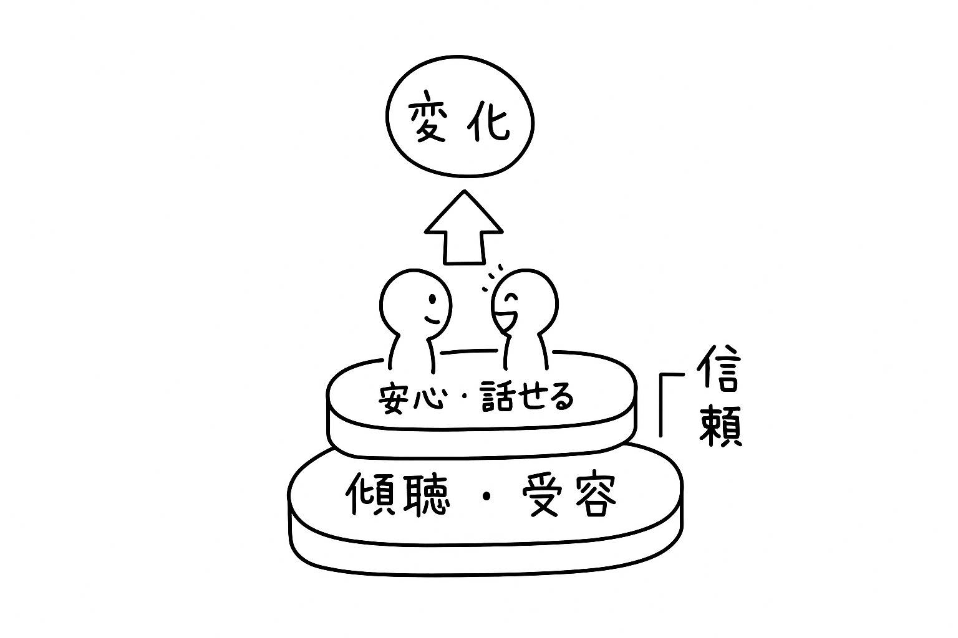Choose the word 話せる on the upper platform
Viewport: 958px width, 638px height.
tap(527, 398)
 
